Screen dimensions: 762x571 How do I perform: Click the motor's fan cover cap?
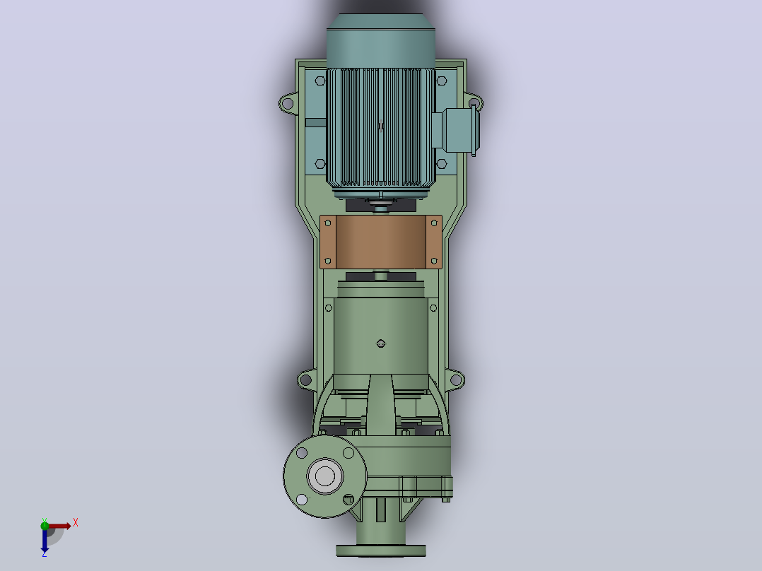380,41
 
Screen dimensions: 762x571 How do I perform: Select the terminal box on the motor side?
456,130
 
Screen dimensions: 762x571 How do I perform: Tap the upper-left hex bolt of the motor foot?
320,81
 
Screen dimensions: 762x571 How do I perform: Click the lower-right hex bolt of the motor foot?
442,164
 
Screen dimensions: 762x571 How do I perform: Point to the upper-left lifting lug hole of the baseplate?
287,103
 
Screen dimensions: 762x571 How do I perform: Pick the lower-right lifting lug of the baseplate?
455,379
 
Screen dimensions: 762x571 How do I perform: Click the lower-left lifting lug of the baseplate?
306,379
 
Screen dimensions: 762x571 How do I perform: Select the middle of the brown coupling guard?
381,242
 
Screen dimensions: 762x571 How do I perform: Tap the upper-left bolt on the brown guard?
327,223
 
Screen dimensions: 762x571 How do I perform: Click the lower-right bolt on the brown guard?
434,261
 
